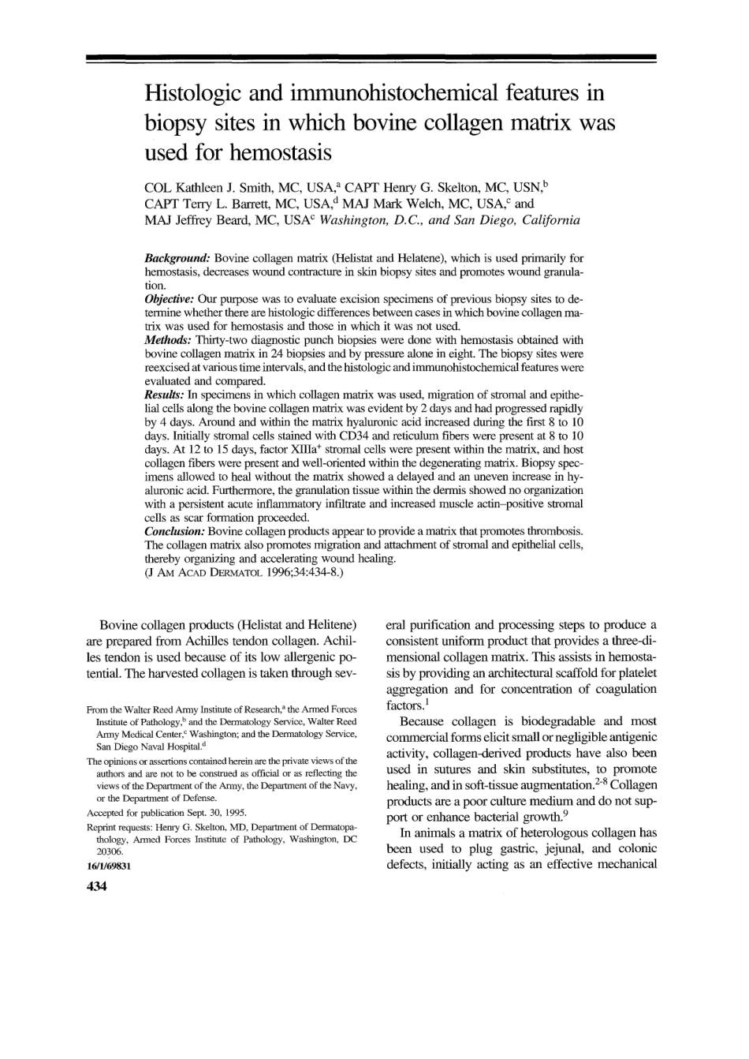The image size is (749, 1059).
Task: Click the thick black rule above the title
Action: coord(371,58)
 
